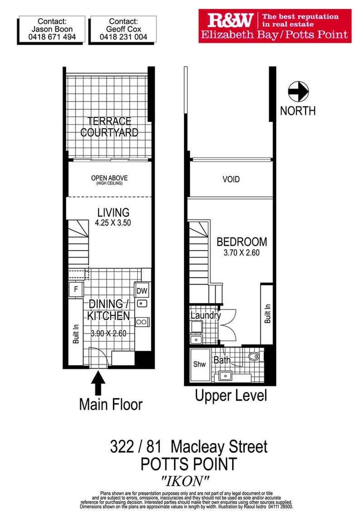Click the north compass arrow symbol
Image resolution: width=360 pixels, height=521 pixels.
(298, 92)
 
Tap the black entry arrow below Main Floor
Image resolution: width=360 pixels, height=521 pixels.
(98, 383)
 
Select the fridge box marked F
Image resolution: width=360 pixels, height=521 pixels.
(76, 289)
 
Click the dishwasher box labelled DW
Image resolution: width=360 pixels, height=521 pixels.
(142, 291)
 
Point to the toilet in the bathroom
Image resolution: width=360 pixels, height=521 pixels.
(254, 357)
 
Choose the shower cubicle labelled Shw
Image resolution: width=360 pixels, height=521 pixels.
(199, 365)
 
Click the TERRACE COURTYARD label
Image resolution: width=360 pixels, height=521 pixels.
(109, 126)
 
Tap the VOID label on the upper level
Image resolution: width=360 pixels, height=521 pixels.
(231, 179)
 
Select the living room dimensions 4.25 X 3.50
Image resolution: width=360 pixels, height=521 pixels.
(113, 223)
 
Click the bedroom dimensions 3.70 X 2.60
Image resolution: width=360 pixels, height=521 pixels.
(242, 253)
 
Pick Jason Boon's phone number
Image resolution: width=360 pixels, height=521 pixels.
(52, 37)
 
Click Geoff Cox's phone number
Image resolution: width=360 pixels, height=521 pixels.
(123, 37)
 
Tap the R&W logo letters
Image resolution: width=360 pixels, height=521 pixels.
(230, 20)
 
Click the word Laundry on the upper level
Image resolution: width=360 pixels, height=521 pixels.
(205, 315)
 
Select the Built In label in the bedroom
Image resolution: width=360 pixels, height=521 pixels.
(268, 314)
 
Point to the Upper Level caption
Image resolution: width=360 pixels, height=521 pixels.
(231, 396)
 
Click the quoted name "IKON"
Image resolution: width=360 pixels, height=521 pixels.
(185, 481)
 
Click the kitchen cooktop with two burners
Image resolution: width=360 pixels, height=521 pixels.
(142, 322)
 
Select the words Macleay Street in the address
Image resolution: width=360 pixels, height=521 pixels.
(219, 447)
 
